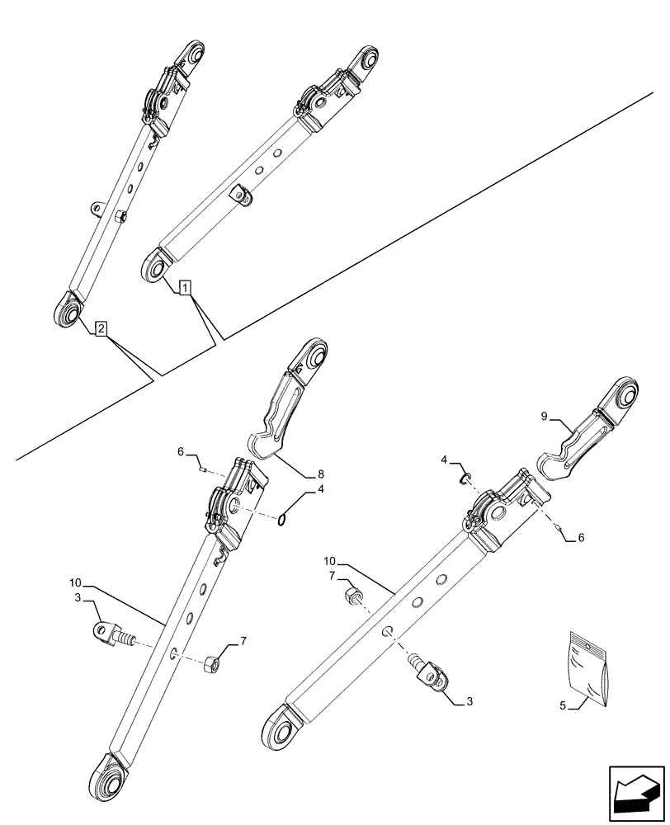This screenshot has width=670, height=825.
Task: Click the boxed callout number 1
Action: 186,288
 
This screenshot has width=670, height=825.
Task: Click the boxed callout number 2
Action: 100,329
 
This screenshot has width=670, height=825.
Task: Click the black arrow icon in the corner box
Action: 635,794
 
